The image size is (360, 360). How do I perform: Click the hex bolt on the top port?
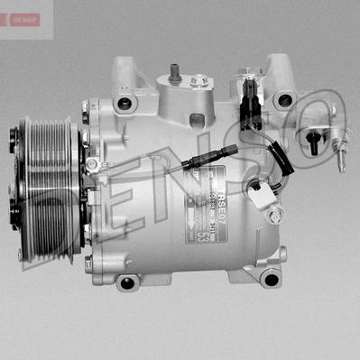[198, 82]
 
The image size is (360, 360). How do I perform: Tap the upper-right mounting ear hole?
[286, 100]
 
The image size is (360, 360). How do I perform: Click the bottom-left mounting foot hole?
[126, 283]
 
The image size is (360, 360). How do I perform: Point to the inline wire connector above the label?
[192, 164]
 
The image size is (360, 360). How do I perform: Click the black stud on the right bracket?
[313, 142]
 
